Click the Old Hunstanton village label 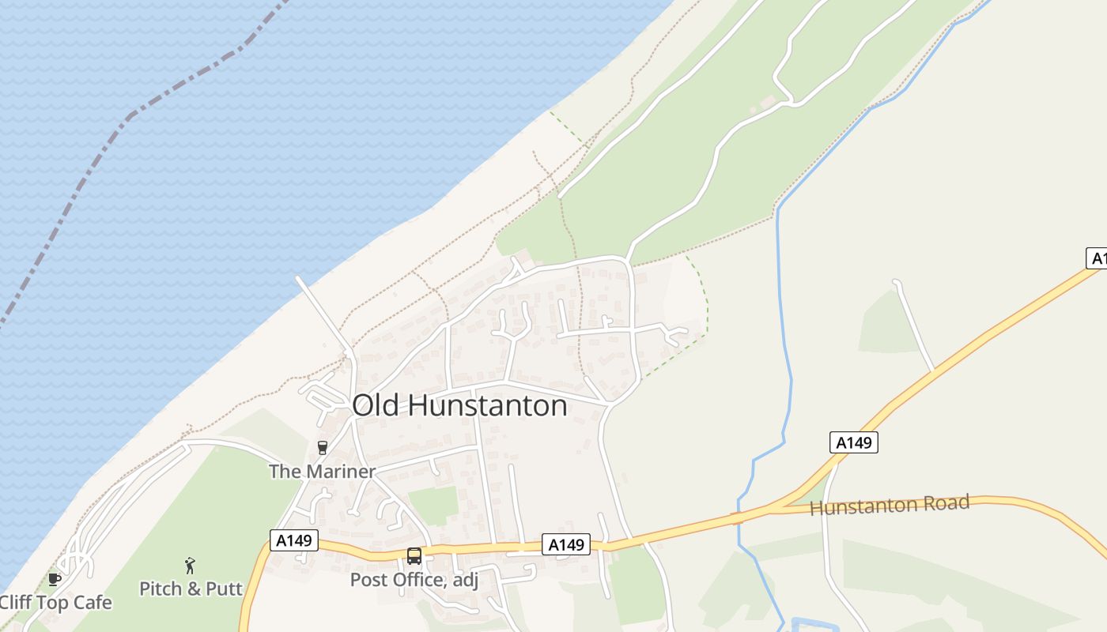[x=459, y=405]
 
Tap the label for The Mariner [x=322, y=472]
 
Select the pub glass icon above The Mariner [x=322, y=448]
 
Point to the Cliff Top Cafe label [x=56, y=603]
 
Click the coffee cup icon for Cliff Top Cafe [x=54, y=579]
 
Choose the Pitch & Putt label [x=191, y=589]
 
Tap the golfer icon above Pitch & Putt [x=190, y=565]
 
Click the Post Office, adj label [x=414, y=580]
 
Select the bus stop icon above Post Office [x=414, y=555]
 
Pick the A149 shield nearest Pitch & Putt [x=294, y=540]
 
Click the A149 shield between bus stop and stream [x=566, y=544]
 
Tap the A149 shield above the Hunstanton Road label [x=854, y=442]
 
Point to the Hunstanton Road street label [x=890, y=506]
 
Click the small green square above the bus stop [x=434, y=506]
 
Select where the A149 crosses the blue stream [x=738, y=518]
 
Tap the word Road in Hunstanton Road [x=946, y=502]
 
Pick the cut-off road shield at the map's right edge [x=1097, y=258]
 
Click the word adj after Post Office [x=463, y=581]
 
